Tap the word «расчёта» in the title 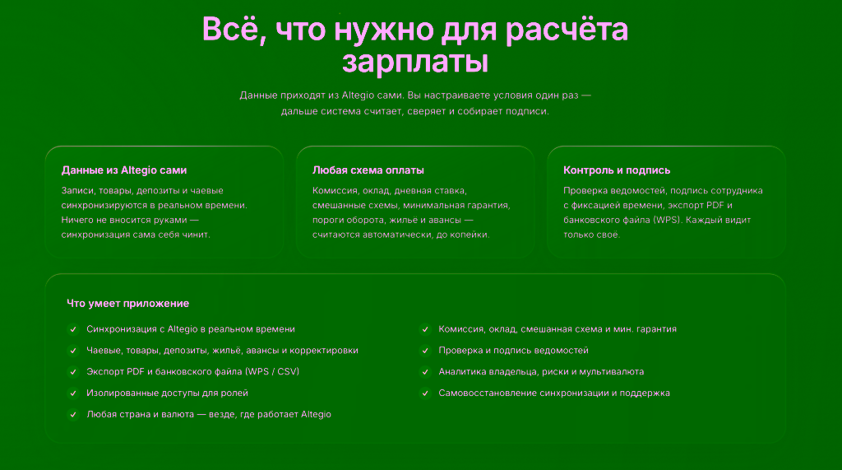567,29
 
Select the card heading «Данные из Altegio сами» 124,170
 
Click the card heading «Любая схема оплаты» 368,170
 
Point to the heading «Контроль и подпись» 617,170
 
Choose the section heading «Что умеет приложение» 127,303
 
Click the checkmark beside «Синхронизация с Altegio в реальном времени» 73,329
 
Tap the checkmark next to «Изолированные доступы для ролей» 73,393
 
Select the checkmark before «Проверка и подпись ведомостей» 425,351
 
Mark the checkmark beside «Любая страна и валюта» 73,415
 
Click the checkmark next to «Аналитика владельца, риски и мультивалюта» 425,371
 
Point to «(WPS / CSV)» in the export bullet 271,371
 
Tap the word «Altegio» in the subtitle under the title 358,95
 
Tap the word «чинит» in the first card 197,235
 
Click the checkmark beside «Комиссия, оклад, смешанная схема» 425,329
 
